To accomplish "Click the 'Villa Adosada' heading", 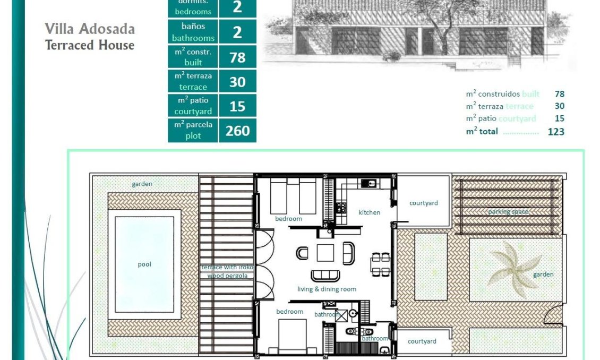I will coord(90,29).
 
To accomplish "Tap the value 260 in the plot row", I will coord(237,131).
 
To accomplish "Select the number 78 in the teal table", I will coord(237,57).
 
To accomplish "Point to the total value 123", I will coord(555,132).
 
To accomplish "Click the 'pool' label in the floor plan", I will coord(144,264).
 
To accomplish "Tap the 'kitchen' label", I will coord(369,212).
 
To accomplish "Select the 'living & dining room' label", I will coord(327,289).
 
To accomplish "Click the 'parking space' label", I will coord(508,212).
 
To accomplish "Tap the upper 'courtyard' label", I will coord(423,203).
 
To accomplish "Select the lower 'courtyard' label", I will coord(422,341).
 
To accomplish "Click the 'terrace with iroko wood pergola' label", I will coord(227,271).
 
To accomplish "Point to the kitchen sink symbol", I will coord(368,184).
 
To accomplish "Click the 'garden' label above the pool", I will coord(142,184).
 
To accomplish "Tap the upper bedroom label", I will coord(288,219).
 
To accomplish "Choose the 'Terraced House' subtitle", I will coord(90,45).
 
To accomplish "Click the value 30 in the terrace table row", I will coord(237,81).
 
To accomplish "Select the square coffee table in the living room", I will coord(325,252).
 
